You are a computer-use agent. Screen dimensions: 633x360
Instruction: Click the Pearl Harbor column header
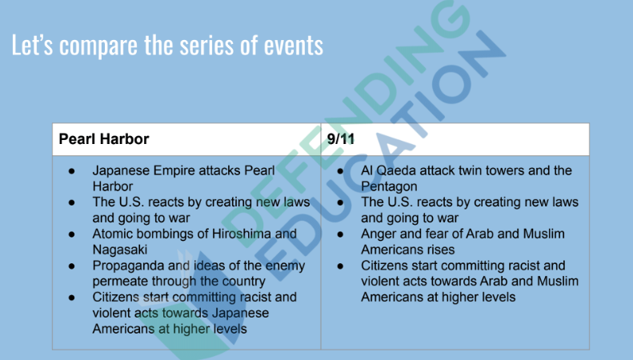[104, 139]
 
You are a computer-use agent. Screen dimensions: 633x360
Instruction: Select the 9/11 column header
[340, 139]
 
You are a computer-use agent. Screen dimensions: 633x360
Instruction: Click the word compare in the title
[98, 46]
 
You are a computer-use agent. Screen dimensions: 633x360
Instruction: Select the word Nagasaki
[120, 250]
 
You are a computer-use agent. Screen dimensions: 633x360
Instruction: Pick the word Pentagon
[389, 186]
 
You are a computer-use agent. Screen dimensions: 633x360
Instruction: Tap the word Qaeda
[396, 170]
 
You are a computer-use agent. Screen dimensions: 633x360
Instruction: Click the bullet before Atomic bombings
[72, 234]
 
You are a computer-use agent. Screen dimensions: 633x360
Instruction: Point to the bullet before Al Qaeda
[340, 171]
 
